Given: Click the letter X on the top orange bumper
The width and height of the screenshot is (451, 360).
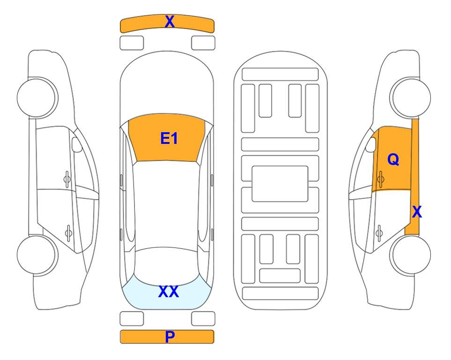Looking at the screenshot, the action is [170, 22].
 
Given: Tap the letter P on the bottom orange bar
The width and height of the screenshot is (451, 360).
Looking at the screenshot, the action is [170, 337].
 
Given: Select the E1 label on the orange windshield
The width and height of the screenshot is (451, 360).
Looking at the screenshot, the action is [169, 138].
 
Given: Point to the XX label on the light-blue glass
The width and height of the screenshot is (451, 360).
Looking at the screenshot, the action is [169, 292].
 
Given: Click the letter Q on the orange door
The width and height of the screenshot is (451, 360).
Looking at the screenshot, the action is [393, 159].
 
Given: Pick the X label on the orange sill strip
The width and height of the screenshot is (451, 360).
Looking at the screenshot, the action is [417, 212].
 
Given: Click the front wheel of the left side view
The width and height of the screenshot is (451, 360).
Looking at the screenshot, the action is [37, 97].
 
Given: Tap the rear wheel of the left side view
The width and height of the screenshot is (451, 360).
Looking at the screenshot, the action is [37, 255].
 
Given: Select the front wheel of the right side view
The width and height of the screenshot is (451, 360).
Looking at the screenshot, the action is [410, 97].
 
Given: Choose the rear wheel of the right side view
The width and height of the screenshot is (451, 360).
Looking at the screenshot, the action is [410, 255].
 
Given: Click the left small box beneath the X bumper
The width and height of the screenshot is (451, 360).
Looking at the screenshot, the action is [132, 43].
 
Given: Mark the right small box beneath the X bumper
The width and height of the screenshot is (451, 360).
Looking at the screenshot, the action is [203, 43].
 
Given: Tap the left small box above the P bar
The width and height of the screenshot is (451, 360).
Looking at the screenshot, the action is [132, 319].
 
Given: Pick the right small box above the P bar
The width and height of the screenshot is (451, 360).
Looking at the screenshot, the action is [203, 319].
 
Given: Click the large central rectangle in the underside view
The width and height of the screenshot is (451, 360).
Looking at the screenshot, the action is [280, 184].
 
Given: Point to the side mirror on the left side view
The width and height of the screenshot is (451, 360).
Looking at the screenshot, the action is [76, 144].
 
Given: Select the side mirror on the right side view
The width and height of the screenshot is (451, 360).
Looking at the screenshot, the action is [371, 144].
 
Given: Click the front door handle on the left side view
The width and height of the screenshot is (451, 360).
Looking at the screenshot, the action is [67, 179].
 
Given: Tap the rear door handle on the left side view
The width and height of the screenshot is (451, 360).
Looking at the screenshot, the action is [68, 232].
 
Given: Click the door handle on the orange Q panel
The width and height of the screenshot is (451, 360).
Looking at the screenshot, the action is [380, 179].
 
